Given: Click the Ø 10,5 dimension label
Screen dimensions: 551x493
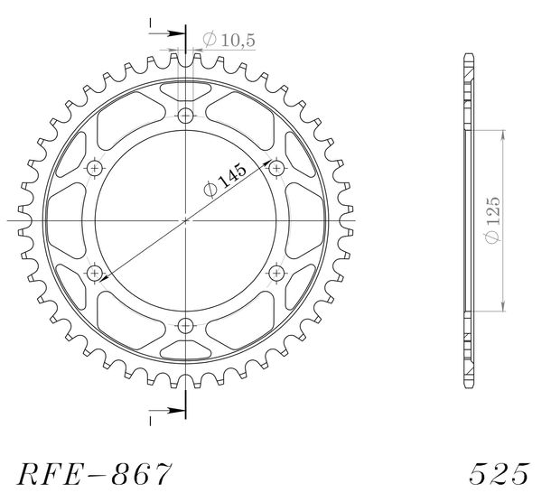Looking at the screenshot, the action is (229, 40).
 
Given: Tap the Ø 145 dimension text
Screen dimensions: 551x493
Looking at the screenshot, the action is (225, 180).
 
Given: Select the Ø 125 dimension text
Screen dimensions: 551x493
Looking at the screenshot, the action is (492, 220).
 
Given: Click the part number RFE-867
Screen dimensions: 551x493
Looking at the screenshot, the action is (95, 473).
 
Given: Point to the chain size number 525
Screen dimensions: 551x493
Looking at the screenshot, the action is (499, 473).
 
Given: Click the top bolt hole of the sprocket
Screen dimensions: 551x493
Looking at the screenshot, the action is (185, 116).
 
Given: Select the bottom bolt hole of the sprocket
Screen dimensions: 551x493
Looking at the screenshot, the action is (185, 326).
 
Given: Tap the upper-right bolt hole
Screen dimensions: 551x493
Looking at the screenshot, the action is (276, 168).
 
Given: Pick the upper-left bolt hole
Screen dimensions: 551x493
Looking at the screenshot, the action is (95, 168).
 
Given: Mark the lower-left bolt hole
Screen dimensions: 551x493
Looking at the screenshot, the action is (95, 273).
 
